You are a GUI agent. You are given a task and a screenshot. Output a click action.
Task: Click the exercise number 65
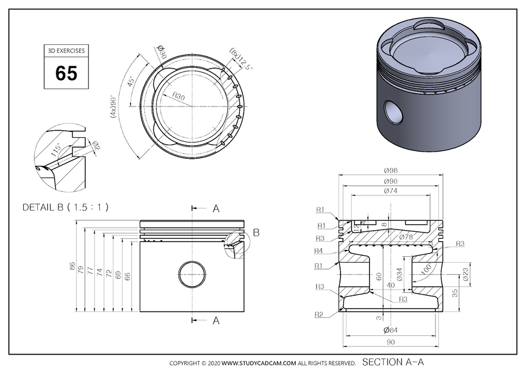[66, 73]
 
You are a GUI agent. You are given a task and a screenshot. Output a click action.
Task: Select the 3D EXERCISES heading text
[66, 51]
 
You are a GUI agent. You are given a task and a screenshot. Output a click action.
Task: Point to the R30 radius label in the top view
[178, 97]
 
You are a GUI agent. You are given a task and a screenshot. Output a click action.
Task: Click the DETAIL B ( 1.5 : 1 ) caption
[65, 207]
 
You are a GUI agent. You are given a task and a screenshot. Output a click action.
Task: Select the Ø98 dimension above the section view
[391, 171]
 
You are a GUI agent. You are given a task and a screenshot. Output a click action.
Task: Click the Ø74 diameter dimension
[391, 191]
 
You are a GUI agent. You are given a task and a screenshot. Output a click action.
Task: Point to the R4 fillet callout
[319, 251]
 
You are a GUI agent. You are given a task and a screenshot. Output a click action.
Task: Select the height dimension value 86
[73, 267]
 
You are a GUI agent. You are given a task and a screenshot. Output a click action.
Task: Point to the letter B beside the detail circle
[256, 233]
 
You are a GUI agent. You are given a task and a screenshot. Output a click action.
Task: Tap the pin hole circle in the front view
[192, 274]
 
